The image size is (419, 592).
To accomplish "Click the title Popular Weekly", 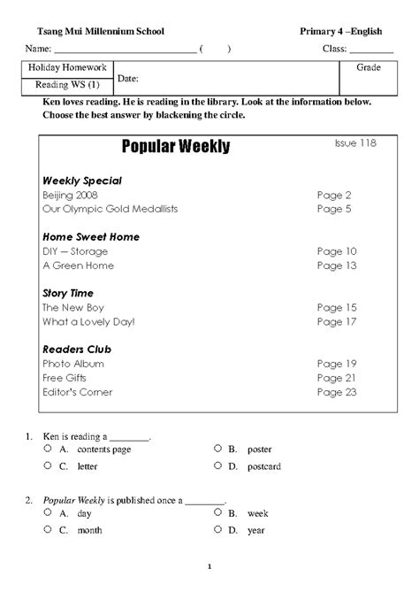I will point(175,147).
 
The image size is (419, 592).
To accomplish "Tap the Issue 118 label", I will point(354,142).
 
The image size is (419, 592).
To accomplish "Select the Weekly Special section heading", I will point(82,181).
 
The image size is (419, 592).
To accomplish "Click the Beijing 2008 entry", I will point(70,195).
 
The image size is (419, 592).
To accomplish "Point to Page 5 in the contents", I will point(334,209).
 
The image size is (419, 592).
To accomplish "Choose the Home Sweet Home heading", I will point(91,237).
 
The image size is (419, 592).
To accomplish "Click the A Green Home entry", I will point(78,265).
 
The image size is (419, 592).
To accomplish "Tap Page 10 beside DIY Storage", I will point(336,251).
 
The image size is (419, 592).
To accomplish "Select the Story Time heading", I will point(68,293).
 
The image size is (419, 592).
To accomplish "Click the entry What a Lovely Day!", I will point(88,321).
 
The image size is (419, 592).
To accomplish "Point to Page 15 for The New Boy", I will point(336,307).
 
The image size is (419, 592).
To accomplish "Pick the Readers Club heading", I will point(77,350).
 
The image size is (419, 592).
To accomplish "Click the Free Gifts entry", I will point(65,378).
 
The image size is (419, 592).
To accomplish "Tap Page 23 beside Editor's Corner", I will point(336,392).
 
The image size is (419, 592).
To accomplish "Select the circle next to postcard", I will point(217,465).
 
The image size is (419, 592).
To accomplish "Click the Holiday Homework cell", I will point(67,67).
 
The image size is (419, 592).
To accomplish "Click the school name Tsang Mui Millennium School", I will point(94,32).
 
